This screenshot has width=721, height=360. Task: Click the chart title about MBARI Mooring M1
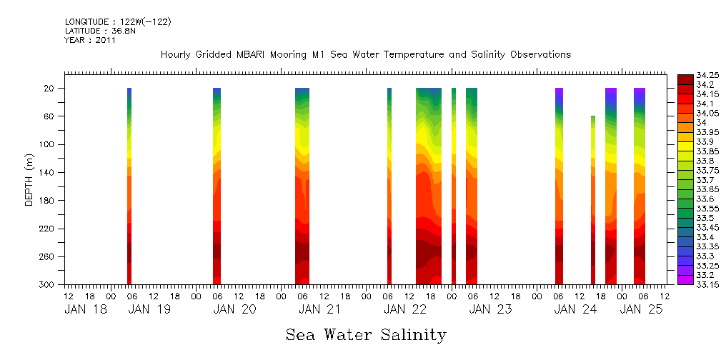click(x=365, y=54)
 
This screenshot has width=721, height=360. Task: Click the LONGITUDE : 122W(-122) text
click(x=118, y=22)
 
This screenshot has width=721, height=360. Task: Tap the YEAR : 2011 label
click(x=90, y=40)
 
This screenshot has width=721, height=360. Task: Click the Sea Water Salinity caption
click(x=366, y=334)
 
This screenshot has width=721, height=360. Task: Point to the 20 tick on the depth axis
click(x=50, y=88)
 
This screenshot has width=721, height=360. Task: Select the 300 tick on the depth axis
click(x=48, y=284)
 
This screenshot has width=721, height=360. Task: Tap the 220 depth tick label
click(x=48, y=229)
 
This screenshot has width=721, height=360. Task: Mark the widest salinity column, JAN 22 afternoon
click(x=429, y=186)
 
